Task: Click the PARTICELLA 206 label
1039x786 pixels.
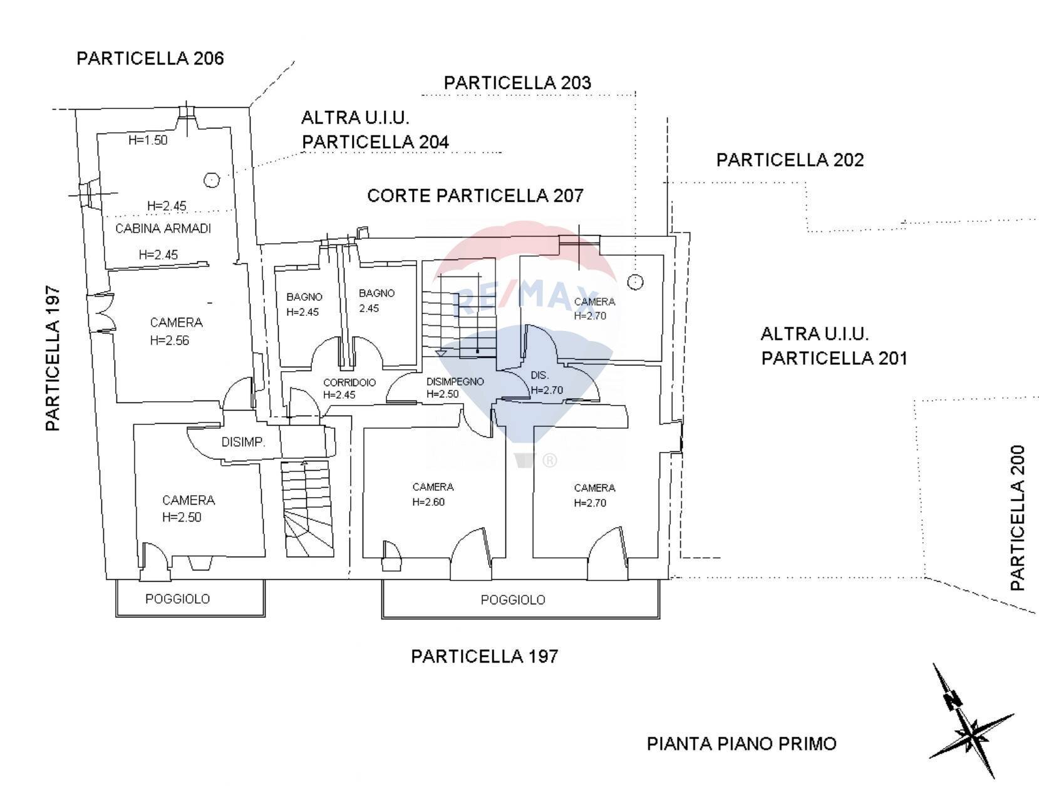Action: click(x=150, y=58)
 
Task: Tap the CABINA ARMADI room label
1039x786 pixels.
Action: click(x=163, y=229)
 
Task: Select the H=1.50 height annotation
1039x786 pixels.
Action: click(x=148, y=140)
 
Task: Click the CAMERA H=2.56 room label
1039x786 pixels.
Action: click(x=176, y=331)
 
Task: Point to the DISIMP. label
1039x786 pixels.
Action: click(x=243, y=443)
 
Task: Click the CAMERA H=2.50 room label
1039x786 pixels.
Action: click(x=188, y=508)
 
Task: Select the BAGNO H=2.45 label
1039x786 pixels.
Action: click(x=304, y=304)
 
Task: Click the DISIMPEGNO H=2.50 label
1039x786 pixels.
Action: click(x=455, y=387)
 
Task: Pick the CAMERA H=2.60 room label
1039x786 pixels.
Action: click(x=433, y=494)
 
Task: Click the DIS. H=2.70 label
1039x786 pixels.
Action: click(x=545, y=382)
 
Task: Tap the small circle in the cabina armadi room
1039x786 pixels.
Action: click(x=212, y=181)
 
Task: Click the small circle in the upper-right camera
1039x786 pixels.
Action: click(x=635, y=282)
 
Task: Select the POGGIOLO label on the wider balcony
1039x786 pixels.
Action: click(x=512, y=600)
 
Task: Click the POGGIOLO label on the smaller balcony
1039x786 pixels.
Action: click(x=177, y=599)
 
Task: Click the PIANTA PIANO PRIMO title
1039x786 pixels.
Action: click(x=741, y=744)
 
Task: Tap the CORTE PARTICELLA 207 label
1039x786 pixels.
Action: click(x=475, y=196)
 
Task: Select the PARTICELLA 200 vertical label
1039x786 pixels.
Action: click(x=1018, y=518)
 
